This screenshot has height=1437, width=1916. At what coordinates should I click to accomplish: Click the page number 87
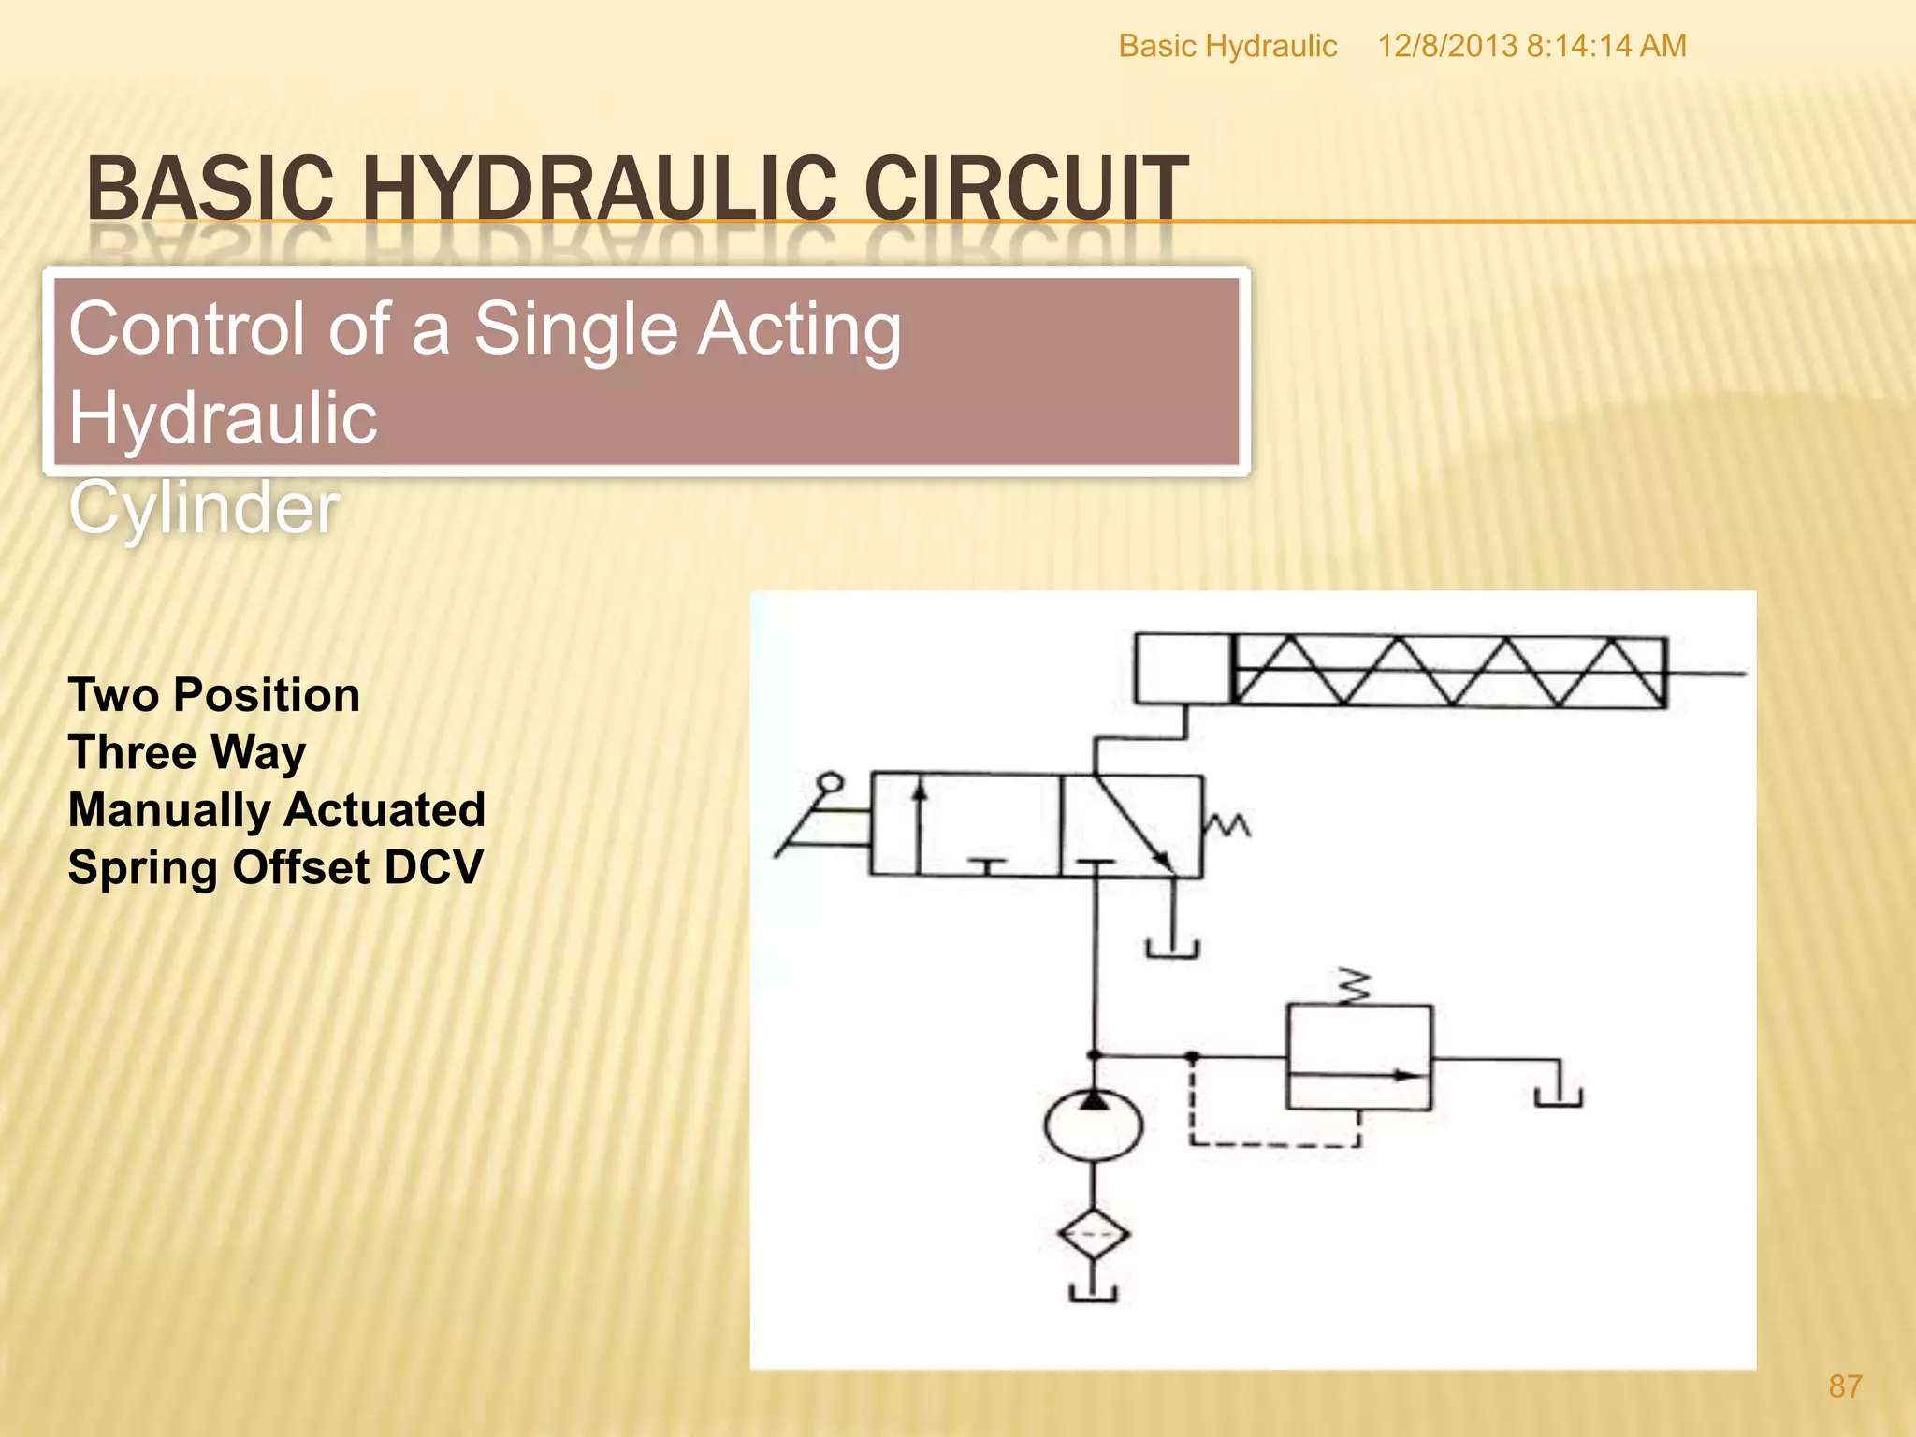(1845, 1386)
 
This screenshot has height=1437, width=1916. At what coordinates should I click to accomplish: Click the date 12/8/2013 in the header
(1446, 46)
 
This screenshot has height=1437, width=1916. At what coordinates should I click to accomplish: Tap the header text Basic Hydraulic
(1227, 46)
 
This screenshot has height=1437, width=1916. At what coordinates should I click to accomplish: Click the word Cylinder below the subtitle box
(204, 507)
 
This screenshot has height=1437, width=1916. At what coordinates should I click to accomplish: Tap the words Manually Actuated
(277, 810)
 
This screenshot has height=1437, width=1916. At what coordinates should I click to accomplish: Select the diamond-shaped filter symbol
(1093, 1235)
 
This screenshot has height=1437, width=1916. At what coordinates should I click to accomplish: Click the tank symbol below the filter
(1093, 1294)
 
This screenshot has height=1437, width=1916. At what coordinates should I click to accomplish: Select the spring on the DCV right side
(1227, 825)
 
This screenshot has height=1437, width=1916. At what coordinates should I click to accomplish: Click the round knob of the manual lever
(829, 783)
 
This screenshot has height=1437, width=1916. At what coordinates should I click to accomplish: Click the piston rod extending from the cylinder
(1705, 672)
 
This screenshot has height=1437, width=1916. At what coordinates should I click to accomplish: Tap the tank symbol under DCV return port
(1172, 949)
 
